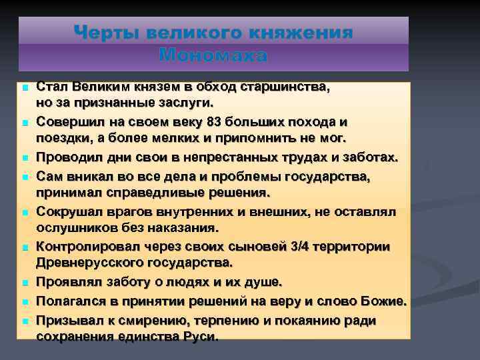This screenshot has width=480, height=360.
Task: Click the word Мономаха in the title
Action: [213, 56]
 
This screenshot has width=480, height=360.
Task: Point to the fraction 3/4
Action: [303, 247]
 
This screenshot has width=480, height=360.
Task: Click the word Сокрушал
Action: [69, 211]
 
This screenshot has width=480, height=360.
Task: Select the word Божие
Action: [381, 301]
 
